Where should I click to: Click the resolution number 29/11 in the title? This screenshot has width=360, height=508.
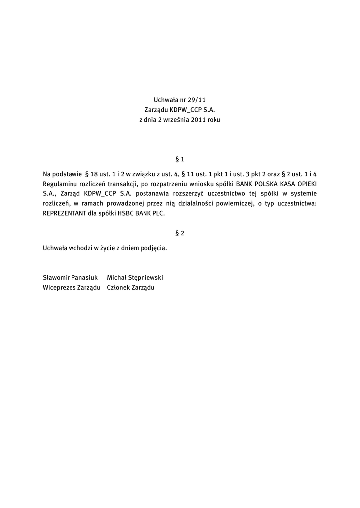(x=195, y=100)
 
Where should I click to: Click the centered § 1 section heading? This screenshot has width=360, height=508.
(x=180, y=159)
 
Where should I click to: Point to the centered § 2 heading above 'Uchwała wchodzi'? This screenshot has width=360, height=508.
(x=180, y=233)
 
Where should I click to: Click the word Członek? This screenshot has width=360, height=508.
(x=118, y=287)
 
